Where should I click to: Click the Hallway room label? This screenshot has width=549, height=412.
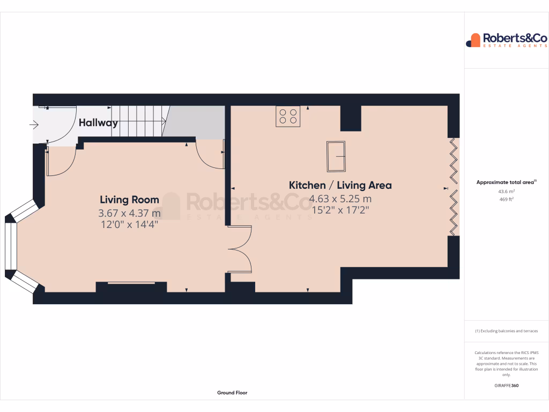click(x=98, y=123)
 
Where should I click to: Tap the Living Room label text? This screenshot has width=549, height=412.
click(x=129, y=200)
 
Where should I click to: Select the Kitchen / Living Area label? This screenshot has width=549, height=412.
click(x=340, y=185)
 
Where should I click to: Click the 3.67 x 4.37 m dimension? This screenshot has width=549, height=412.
click(x=130, y=213)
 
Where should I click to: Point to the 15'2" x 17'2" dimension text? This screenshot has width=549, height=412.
click(x=340, y=210)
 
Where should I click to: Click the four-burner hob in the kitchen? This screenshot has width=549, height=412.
click(x=288, y=116)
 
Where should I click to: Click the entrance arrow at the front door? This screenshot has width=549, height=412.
click(x=34, y=126)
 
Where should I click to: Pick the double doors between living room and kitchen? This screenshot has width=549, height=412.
click(x=240, y=249)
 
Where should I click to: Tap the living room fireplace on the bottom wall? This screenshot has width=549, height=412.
click(x=131, y=286)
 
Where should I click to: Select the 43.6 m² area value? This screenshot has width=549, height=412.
click(x=506, y=192)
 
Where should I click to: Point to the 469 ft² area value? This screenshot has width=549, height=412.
click(x=506, y=199)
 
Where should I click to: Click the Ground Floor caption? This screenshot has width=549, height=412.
click(x=232, y=393)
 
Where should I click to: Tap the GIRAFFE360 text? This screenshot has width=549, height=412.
click(x=506, y=386)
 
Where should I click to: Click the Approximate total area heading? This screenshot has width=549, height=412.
click(x=506, y=182)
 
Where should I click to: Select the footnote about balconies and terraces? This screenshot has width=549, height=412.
click(x=506, y=331)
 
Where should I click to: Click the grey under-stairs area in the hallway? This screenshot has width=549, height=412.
click(x=194, y=122)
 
